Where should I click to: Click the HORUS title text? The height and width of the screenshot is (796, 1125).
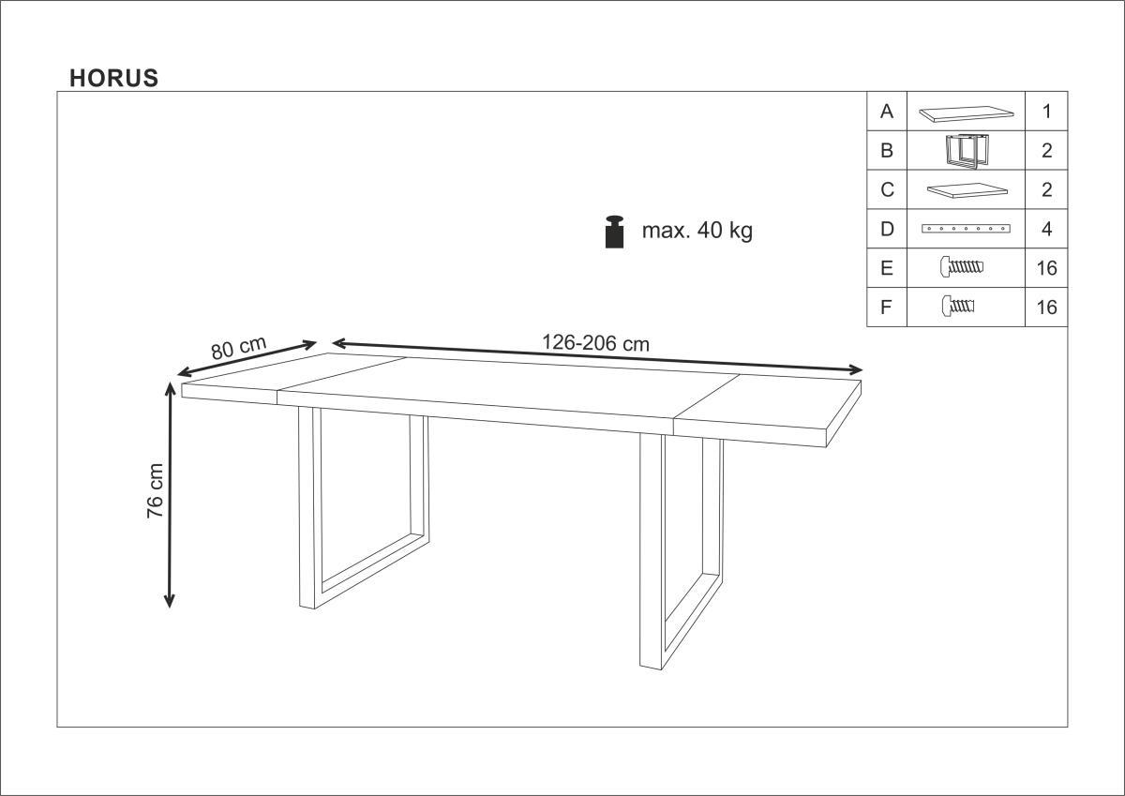point(114,79)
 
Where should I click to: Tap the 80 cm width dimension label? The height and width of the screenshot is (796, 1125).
point(238,348)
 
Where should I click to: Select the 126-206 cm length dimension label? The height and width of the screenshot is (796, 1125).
point(595,343)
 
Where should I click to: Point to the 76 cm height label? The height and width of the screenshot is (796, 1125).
point(156,490)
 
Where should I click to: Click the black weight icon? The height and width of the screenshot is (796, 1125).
point(615,232)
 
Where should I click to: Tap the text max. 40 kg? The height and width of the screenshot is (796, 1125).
point(697,231)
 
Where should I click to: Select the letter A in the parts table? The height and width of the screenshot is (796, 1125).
point(887,112)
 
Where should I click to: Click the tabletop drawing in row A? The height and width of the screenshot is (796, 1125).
point(966,113)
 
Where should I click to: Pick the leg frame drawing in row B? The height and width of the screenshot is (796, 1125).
point(962,151)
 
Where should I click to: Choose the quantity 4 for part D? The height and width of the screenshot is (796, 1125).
point(1046,229)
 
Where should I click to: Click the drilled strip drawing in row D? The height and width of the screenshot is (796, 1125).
point(966,229)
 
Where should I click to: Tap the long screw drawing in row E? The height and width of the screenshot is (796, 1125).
point(961,266)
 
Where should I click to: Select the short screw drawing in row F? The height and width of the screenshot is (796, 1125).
point(958,306)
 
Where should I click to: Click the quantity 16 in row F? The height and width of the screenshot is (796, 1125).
point(1046,308)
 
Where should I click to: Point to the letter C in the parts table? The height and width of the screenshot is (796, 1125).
point(888,189)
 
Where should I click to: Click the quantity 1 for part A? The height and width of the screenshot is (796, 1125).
point(1046,112)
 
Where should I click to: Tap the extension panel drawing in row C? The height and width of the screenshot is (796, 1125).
point(967,191)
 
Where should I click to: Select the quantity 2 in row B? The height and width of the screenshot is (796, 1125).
point(1046,151)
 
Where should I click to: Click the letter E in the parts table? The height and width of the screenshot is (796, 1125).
point(887,268)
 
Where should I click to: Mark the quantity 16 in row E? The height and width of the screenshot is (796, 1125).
point(1046,268)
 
